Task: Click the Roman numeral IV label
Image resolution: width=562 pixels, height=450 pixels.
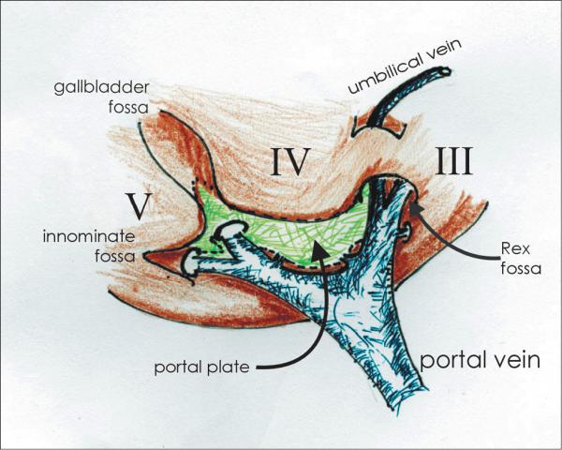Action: click(x=290, y=161)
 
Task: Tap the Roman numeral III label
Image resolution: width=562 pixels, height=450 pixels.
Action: click(x=453, y=161)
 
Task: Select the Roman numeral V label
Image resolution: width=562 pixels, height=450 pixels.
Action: click(x=139, y=206)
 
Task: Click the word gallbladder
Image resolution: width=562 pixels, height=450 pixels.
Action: click(x=101, y=87)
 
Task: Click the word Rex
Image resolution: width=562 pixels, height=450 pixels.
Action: click(x=515, y=248)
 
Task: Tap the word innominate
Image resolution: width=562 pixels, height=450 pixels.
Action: click(x=89, y=237)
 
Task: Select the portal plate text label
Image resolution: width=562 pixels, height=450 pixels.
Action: click(x=201, y=367)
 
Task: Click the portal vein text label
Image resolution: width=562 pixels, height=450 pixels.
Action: click(x=480, y=360)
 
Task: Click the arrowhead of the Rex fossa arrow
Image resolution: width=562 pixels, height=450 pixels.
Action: click(x=416, y=208)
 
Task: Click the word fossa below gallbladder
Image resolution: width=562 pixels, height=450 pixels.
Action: click(x=128, y=108)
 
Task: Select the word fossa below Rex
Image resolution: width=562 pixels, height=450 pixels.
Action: click(x=521, y=268)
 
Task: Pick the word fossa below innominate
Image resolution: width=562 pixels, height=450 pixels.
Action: click(x=115, y=256)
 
